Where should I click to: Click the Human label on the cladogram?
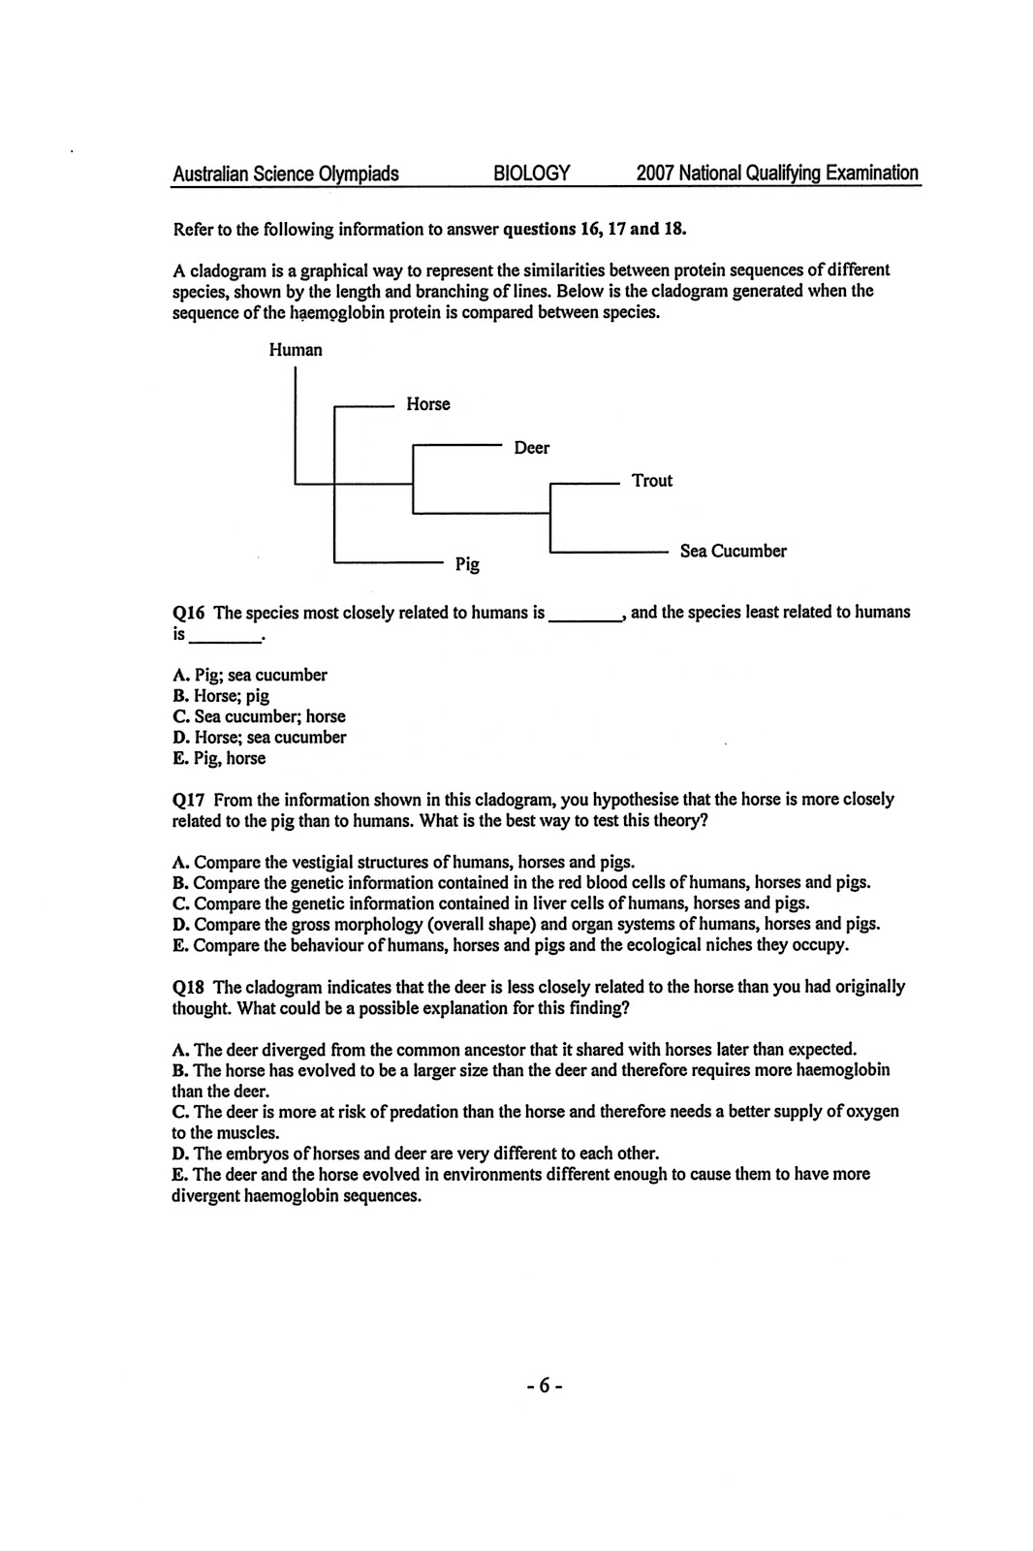point(296,350)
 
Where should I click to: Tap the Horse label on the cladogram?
point(427,404)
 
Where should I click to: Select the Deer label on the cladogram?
point(531,448)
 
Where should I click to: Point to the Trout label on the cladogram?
point(651,481)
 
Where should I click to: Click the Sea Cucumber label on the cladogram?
point(733,552)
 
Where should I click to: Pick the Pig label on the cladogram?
point(467,564)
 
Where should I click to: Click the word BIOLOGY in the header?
point(531,174)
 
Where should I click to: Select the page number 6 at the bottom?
point(545,1385)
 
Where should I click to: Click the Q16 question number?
point(190,613)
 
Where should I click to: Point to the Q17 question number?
point(190,800)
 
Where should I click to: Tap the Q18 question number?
point(190,987)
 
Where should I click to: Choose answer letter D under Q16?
point(178,738)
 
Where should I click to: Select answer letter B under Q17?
point(178,883)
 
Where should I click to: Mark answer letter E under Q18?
point(178,1175)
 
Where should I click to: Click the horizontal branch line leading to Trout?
point(583,482)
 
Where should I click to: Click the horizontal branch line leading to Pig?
point(388,562)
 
